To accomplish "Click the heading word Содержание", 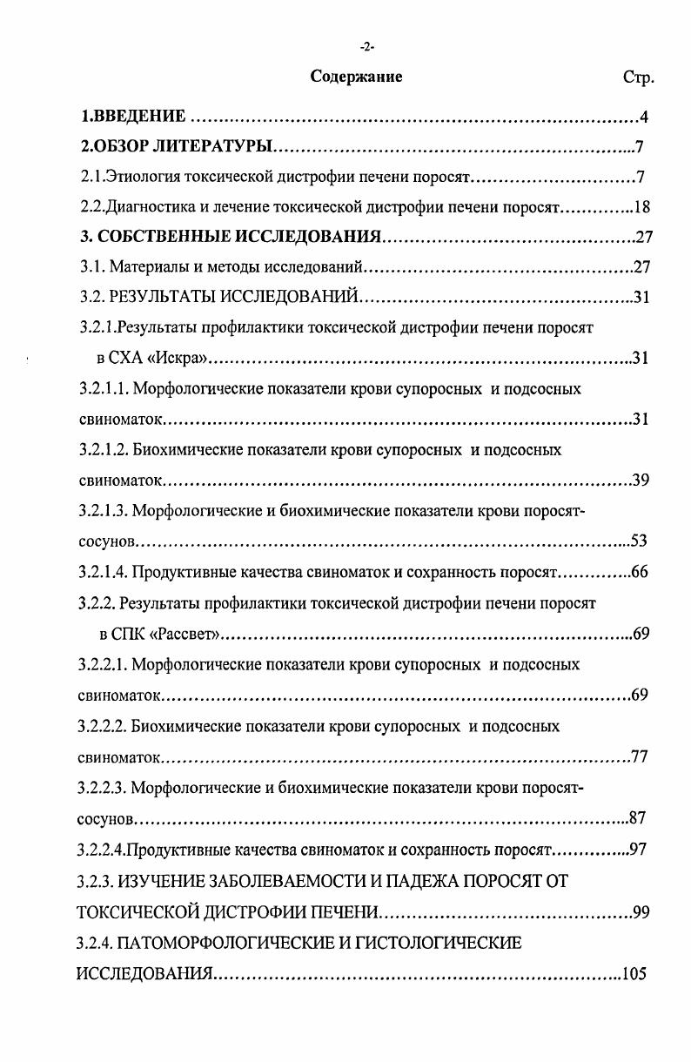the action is (356, 77).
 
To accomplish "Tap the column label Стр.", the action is (638, 77).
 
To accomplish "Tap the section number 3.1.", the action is (91, 266).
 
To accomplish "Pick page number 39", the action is (641, 481).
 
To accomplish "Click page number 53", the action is (639, 541).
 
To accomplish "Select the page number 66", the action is (641, 573).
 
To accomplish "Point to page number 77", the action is (640, 756).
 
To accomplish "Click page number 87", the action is (637, 818).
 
